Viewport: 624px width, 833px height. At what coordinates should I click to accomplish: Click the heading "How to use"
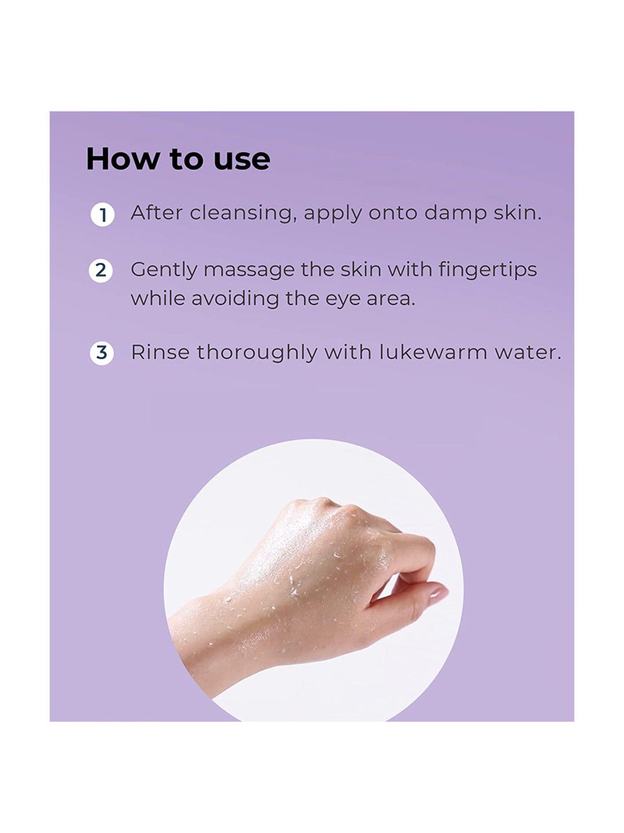pyautogui.click(x=178, y=159)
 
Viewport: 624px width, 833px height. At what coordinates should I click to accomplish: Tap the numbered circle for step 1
pyautogui.click(x=102, y=215)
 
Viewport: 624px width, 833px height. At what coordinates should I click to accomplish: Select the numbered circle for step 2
pyautogui.click(x=101, y=270)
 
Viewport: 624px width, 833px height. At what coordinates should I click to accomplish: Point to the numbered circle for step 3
pyautogui.click(x=102, y=353)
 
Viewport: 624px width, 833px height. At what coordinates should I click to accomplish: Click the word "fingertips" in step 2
pyautogui.click(x=488, y=270)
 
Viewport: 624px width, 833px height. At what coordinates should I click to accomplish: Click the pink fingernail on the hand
pyautogui.click(x=439, y=596)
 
